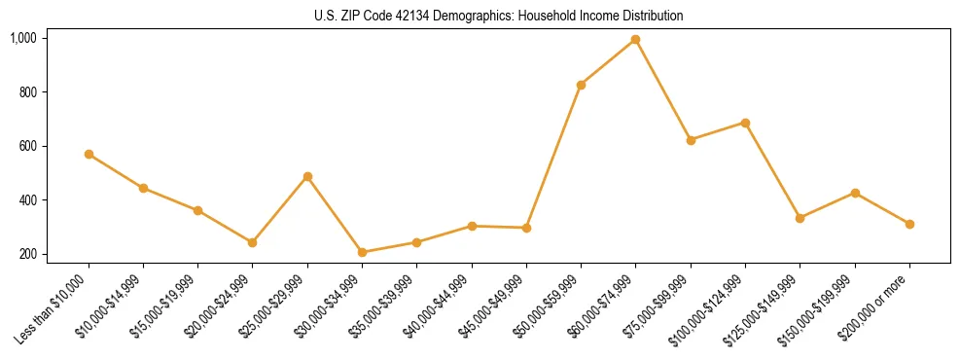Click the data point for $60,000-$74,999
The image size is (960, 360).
[635, 39]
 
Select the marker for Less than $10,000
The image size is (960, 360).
[89, 154]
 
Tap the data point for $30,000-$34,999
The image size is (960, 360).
[362, 252]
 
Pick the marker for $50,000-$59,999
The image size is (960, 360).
[581, 85]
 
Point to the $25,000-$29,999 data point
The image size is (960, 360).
[307, 176]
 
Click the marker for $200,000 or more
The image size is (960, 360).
[909, 224]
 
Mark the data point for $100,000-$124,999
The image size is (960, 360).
[745, 123]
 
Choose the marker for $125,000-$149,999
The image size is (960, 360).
[800, 218]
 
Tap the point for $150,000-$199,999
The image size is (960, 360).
[855, 193]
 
